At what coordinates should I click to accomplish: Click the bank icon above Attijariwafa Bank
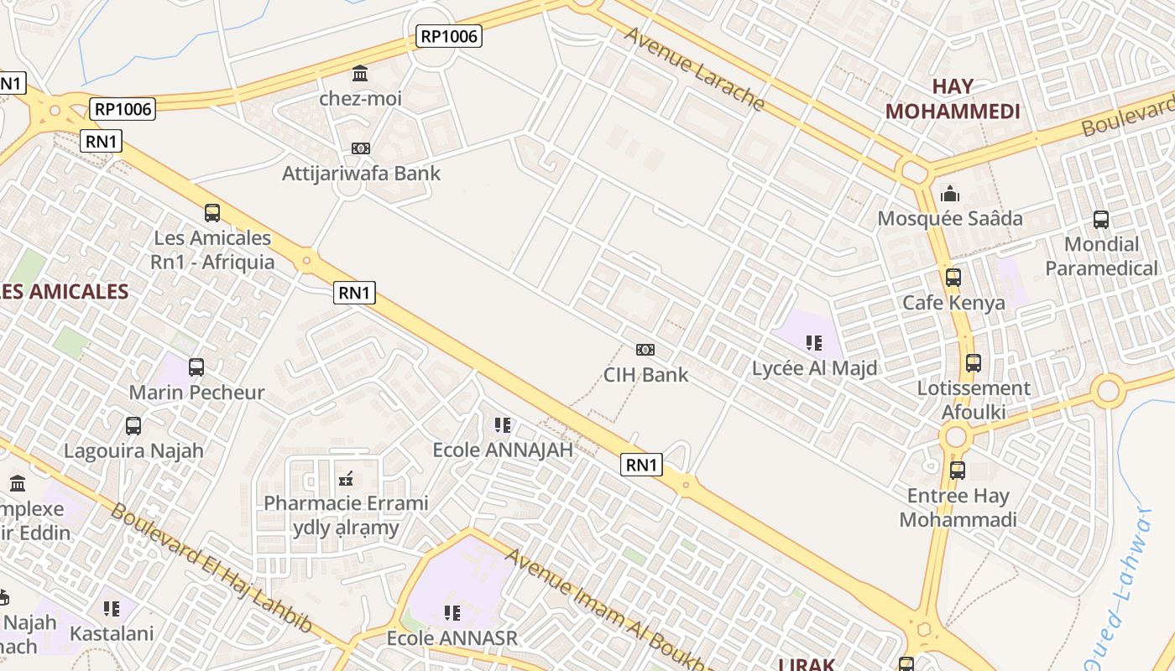click(361, 148)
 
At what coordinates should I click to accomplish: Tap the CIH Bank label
click(645, 374)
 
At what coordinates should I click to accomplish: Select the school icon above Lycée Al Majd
click(813, 342)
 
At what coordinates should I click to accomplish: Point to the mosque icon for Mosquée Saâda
click(950, 194)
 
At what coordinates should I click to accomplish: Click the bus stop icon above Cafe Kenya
click(953, 278)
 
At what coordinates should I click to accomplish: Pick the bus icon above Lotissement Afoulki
click(974, 363)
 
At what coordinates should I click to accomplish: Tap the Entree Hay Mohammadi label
click(958, 507)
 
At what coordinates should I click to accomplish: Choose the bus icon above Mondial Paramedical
click(1101, 220)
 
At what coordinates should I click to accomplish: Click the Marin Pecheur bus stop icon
click(196, 367)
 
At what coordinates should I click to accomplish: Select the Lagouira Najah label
click(134, 450)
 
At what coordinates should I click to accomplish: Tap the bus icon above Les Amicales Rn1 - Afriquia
click(212, 213)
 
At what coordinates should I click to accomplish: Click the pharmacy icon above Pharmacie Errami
click(345, 479)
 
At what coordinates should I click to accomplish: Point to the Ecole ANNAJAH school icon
click(503, 425)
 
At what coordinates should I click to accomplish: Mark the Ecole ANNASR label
click(452, 638)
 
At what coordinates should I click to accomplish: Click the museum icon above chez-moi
click(361, 74)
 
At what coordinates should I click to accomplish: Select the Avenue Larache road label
click(695, 69)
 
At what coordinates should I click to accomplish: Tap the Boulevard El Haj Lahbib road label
click(210, 566)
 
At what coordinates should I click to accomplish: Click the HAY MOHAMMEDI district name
click(953, 98)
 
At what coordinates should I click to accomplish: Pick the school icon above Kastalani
click(112, 608)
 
